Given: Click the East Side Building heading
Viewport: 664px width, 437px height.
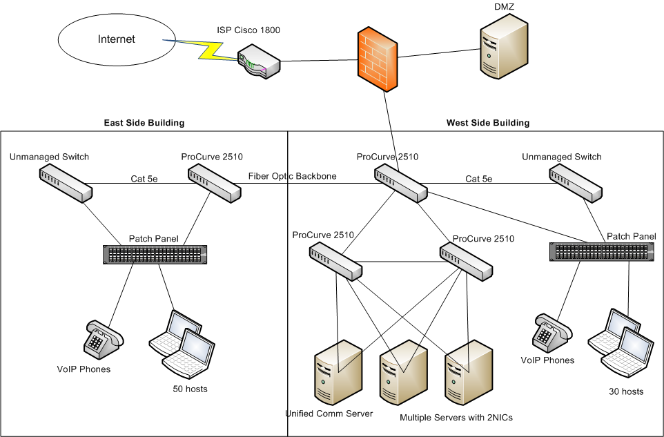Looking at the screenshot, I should point(144,123).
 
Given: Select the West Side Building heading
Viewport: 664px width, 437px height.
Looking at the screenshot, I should point(488,123).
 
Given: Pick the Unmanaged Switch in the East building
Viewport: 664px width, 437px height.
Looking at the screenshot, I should point(65,184).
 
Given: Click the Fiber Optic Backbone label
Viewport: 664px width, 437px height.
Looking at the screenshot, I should point(293,176).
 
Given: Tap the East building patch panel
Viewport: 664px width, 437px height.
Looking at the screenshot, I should point(154,254).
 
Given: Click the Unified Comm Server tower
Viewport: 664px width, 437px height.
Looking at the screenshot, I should point(338,371).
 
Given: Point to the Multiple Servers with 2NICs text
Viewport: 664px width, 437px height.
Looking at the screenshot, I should point(456,418).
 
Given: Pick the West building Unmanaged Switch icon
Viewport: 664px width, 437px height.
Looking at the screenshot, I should point(576,184).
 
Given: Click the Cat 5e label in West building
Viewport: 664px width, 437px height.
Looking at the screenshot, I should point(479,179).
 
